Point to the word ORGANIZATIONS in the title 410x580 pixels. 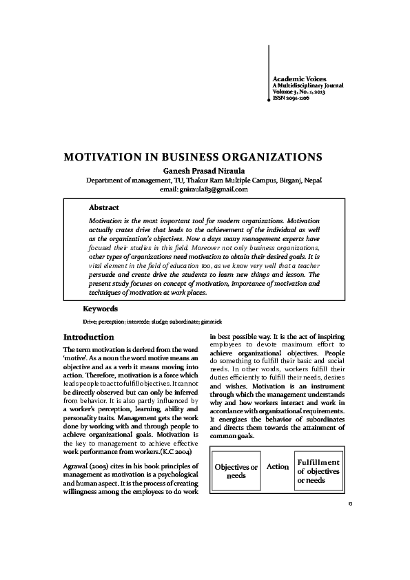point(270,157)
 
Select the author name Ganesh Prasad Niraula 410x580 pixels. point(204,170)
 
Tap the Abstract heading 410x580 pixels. point(104,207)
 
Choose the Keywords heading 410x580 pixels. point(100,309)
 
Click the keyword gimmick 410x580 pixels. point(212,322)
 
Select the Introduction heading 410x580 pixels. point(88,338)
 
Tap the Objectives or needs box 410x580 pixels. point(236,471)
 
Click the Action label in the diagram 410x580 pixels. point(278,467)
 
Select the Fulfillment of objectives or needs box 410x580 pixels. point(318,470)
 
